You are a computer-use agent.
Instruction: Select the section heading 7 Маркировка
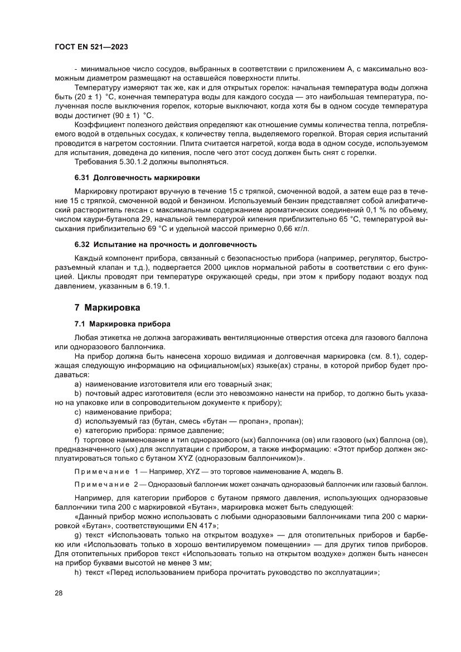[107, 307]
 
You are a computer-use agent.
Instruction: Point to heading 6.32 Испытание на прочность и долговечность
[166, 244]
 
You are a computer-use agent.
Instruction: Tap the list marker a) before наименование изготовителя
[78, 384]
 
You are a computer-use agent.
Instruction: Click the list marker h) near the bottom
[78, 572]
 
